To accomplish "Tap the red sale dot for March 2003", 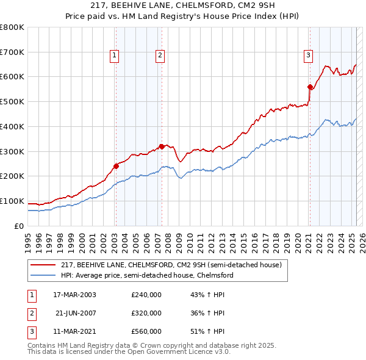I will coord(116,165).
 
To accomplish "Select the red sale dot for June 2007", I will coord(162,146).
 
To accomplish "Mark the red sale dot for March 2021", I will coord(310,87).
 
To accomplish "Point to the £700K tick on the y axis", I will coord(12,52).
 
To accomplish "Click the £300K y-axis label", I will coord(12,151).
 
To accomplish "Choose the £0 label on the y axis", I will coord(18,226).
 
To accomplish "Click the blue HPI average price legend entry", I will coord(147,275).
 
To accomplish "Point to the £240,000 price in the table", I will coord(146,295).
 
